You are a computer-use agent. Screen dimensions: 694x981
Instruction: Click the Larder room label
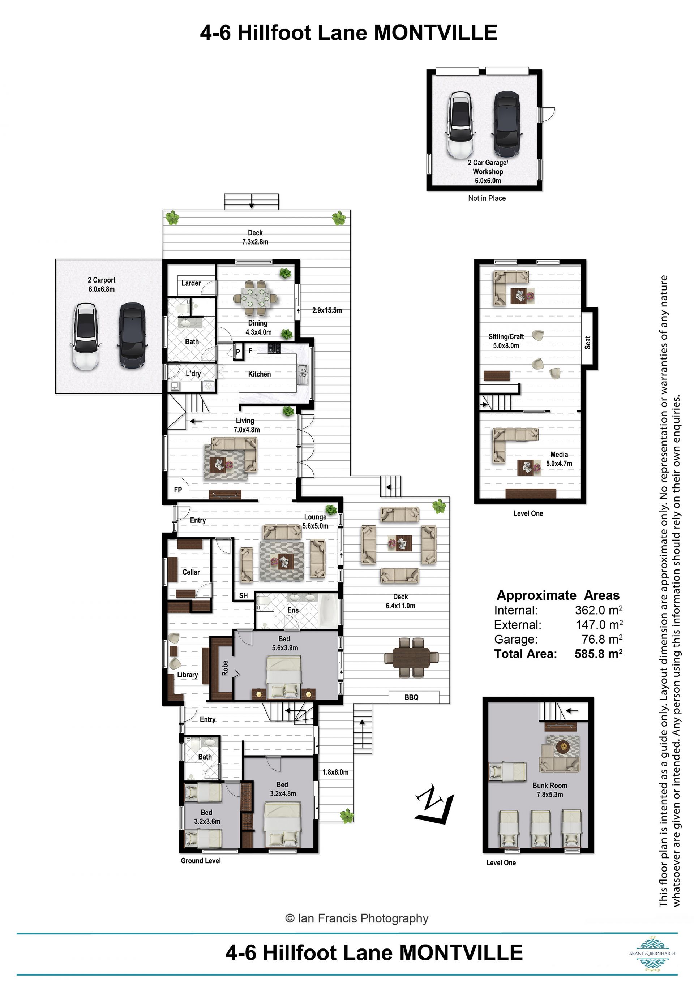[191, 283]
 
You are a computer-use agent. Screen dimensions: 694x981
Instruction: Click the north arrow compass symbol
[434, 803]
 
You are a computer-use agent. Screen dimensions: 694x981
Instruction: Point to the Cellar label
[191, 572]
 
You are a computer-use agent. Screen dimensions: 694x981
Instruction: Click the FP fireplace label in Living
[178, 490]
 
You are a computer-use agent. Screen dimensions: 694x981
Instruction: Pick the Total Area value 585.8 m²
[598, 654]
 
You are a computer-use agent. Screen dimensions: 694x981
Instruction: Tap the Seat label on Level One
[588, 342]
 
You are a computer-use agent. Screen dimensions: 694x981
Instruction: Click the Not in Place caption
[487, 198]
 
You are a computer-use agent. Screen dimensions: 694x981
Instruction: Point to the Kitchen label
[260, 374]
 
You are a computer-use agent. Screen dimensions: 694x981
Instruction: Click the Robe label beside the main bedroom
[225, 668]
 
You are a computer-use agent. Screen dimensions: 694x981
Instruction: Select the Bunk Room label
[550, 785]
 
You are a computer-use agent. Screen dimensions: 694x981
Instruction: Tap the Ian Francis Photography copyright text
[357, 918]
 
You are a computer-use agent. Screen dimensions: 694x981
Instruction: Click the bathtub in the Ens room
[328, 611]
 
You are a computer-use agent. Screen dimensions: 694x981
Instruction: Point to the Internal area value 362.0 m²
[599, 610]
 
